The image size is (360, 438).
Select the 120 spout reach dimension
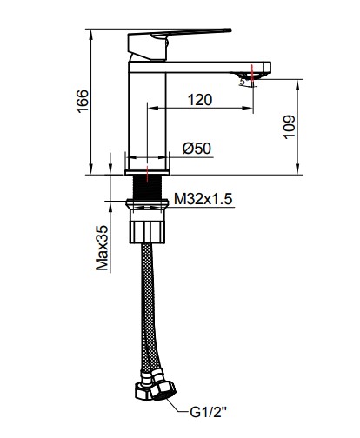(200, 99)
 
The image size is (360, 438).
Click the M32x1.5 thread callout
(202, 198)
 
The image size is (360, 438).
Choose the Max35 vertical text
(102, 248)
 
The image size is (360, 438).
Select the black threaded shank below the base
(148, 187)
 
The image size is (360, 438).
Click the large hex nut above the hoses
(148, 229)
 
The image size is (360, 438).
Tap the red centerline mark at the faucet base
(148, 167)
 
